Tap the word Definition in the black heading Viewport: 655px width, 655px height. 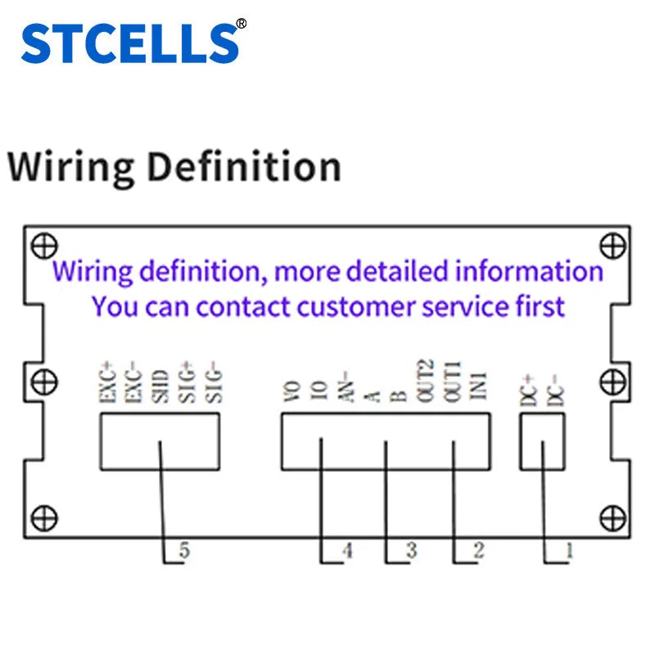coord(245,167)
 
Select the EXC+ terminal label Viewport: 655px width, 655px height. coord(107,382)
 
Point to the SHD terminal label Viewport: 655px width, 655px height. coord(160,386)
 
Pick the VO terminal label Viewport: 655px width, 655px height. coord(292,392)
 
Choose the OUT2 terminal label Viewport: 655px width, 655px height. coord(425,381)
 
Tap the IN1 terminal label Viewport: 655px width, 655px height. coord(479,386)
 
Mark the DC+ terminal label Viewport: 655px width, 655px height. coord(528,391)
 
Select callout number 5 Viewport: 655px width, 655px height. coord(184,550)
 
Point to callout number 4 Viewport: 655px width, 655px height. coord(347,550)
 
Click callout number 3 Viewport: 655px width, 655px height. coord(412,550)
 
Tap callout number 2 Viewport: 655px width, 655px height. coord(479,550)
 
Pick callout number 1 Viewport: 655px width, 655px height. coord(569,551)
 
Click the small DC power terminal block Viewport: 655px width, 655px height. coord(543,441)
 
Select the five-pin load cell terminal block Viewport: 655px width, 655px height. coord(160,441)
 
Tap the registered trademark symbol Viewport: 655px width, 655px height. coord(242,24)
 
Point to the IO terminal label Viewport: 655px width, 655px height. coord(319,392)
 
